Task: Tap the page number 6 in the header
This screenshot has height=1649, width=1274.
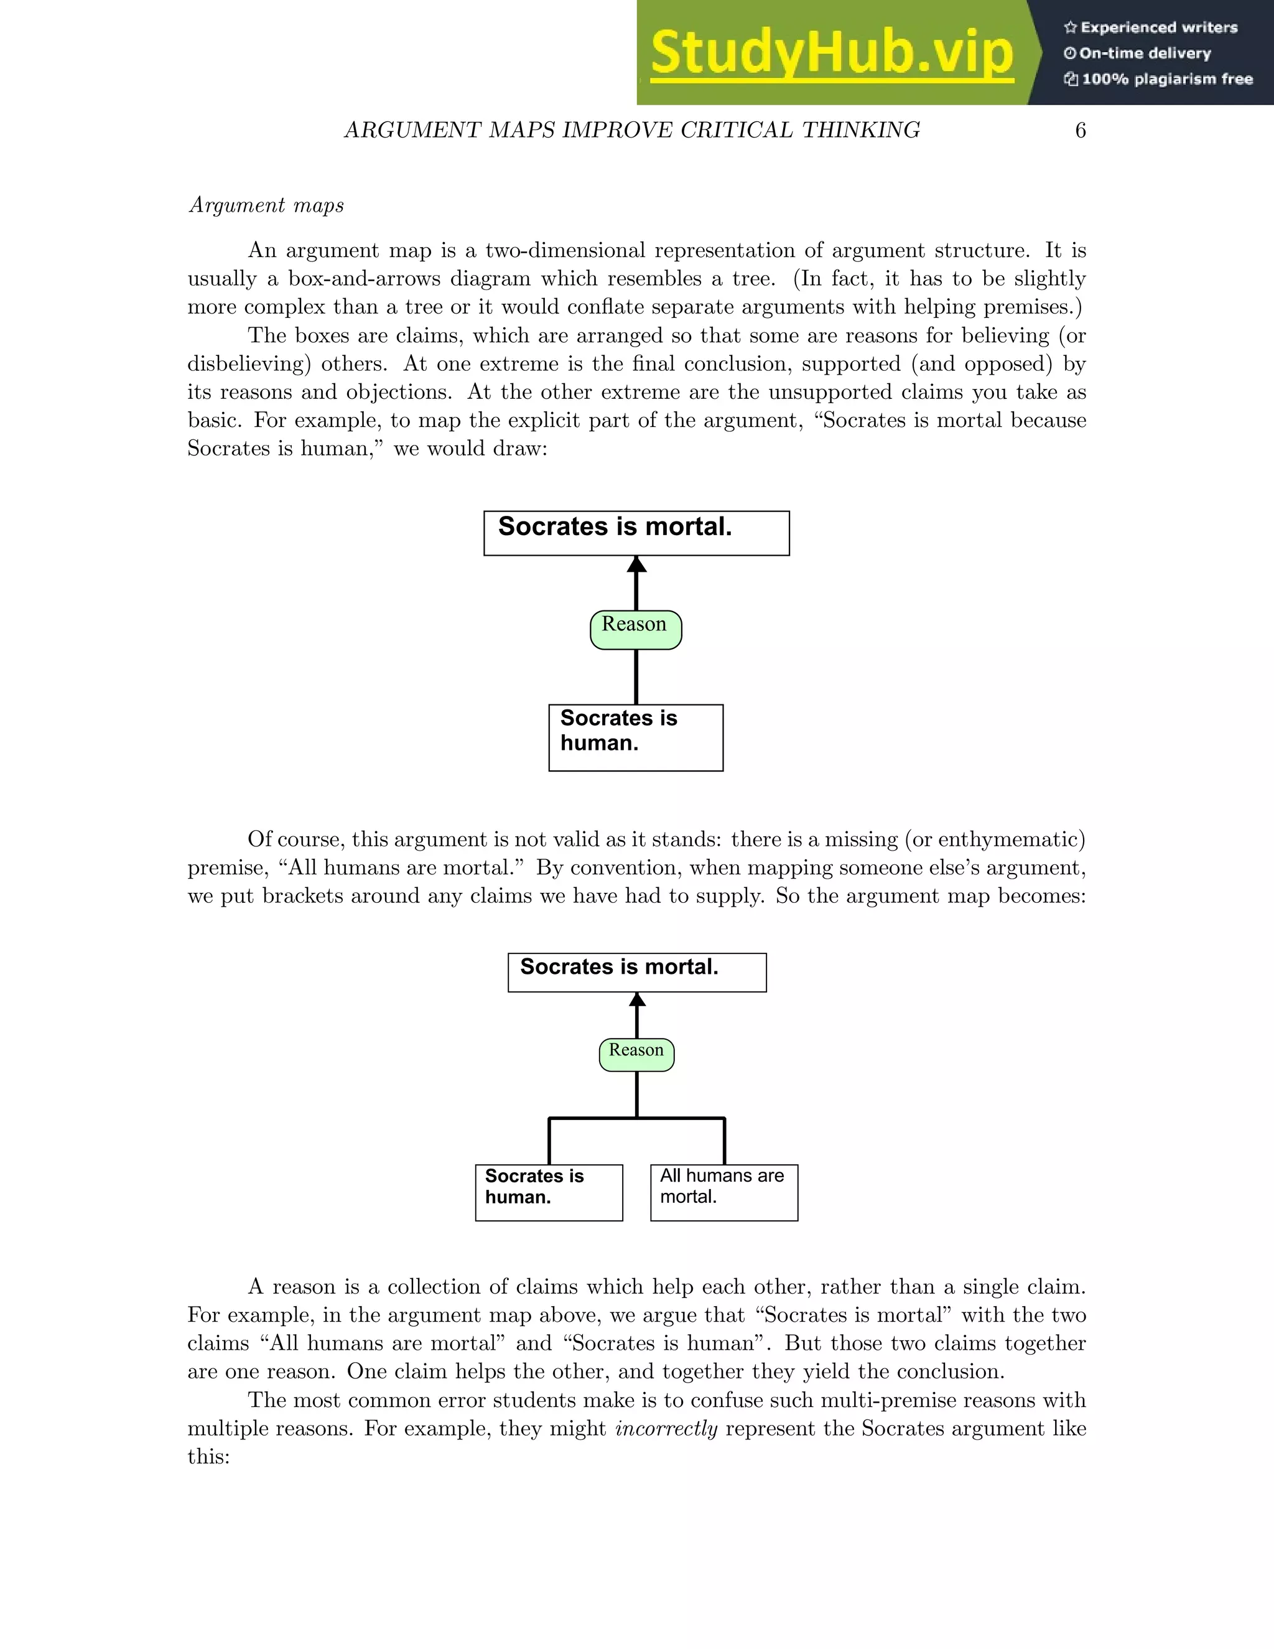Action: pyautogui.click(x=1080, y=131)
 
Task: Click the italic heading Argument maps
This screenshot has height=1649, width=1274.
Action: pyautogui.click(x=266, y=205)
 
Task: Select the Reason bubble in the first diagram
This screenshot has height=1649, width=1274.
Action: pyautogui.click(x=636, y=629)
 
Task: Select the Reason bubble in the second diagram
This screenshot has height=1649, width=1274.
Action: pyautogui.click(x=636, y=1054)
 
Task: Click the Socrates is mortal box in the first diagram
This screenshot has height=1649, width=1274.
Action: pyautogui.click(x=636, y=533)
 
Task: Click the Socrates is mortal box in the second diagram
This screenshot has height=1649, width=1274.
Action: pyautogui.click(x=637, y=973)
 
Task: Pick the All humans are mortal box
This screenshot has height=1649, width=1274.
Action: pyautogui.click(x=724, y=1192)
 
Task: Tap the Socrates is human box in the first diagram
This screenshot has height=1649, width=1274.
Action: pyautogui.click(x=636, y=737)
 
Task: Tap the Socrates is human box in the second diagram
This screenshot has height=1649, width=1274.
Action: pyautogui.click(x=549, y=1192)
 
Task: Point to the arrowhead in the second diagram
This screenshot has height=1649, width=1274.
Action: pyautogui.click(x=637, y=1000)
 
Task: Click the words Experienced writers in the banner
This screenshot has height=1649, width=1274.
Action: pyautogui.click(x=1158, y=28)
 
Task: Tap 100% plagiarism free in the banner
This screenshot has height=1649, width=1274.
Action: pyautogui.click(x=1167, y=79)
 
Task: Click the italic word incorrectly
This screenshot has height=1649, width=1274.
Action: pyautogui.click(x=666, y=1429)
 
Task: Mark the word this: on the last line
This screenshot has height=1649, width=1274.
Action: pyautogui.click(x=208, y=1457)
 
